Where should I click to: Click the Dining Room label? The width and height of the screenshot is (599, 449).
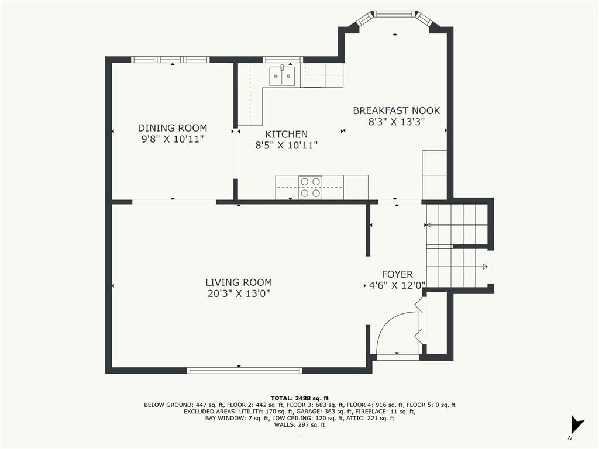173,128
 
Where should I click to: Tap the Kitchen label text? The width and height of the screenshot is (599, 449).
287,134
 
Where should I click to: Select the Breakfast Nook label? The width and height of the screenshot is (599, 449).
396,110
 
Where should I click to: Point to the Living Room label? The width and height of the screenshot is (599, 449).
239,282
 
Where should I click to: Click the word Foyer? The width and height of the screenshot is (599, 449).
397,275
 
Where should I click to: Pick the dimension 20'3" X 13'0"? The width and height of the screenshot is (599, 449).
239,293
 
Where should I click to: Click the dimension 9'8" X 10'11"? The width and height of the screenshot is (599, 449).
173,139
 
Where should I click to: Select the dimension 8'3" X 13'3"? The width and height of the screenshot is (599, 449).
396,122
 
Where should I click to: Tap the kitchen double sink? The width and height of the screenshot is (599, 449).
283,76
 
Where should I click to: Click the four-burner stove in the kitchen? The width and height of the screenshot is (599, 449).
310,188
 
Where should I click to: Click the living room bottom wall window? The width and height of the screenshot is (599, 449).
245,370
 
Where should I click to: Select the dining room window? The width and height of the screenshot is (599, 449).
170,60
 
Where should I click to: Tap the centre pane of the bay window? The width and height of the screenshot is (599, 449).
394,14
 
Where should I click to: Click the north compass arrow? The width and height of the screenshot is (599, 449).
576,424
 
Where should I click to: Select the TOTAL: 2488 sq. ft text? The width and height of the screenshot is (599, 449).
299,398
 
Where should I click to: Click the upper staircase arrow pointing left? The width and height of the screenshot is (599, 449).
456,225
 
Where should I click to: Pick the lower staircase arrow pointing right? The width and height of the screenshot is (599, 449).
457,267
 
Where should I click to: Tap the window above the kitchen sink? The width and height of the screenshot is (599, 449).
283,60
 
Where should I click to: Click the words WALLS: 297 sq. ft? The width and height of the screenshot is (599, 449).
299,425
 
